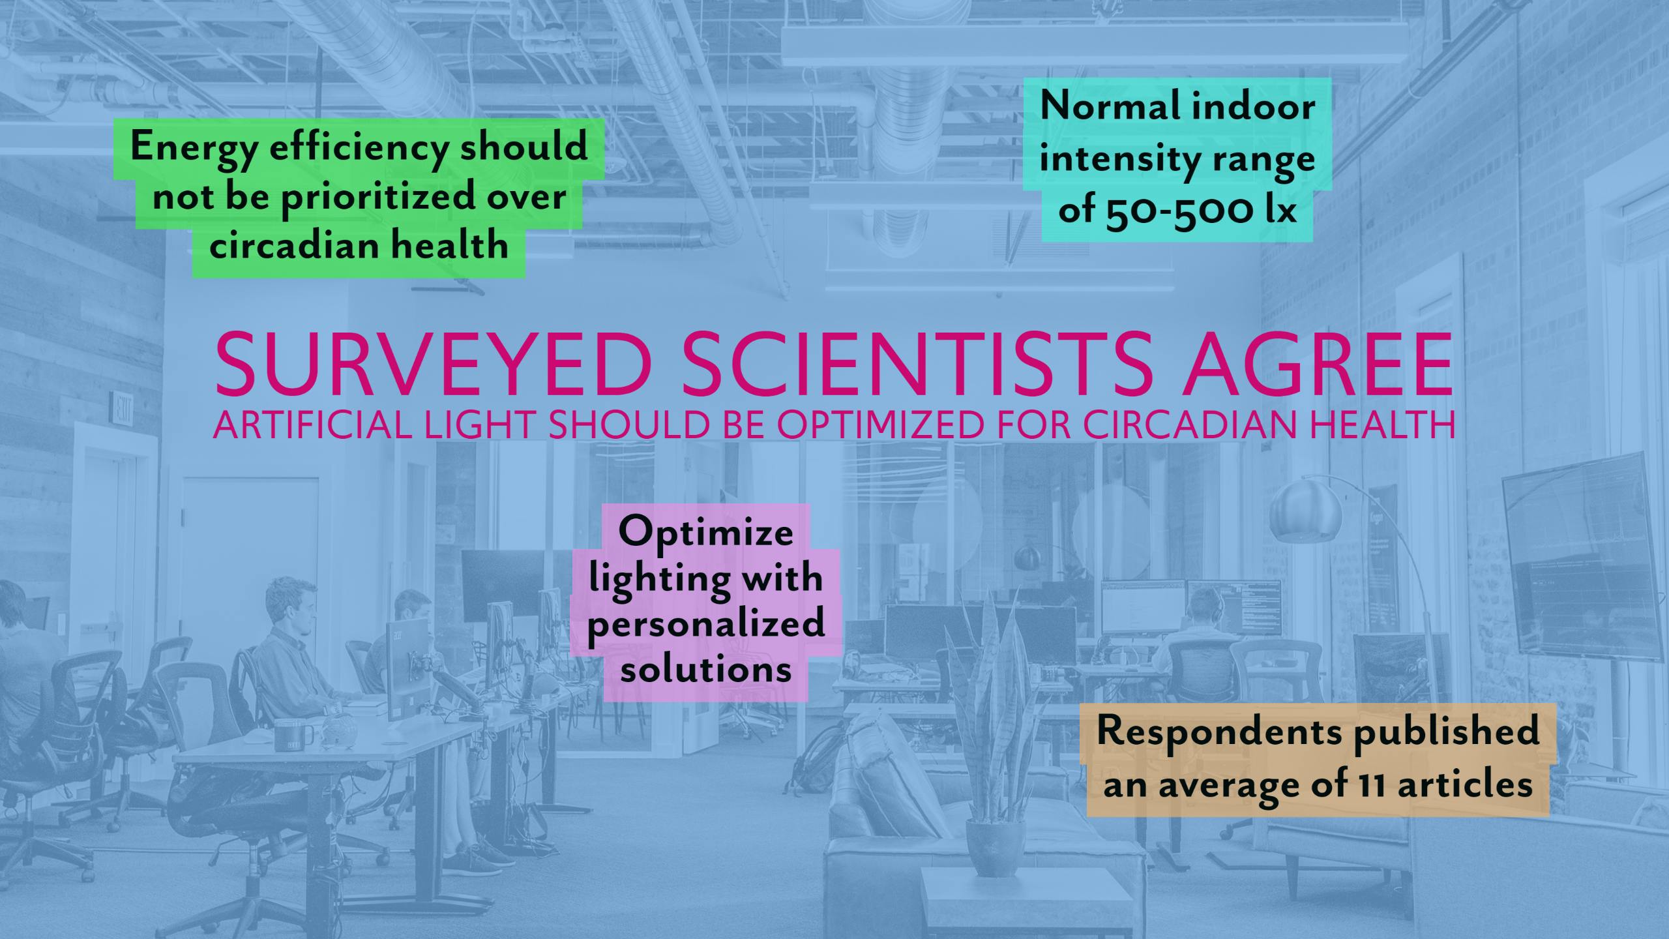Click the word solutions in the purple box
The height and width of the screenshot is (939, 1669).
click(706, 668)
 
